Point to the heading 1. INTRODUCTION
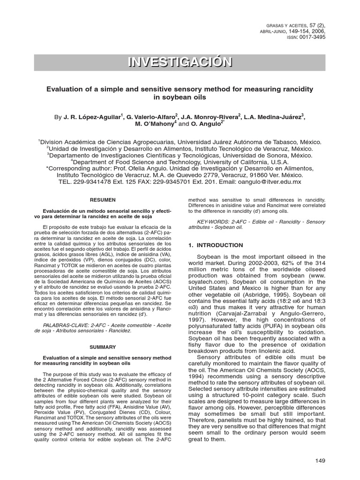(215, 245)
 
